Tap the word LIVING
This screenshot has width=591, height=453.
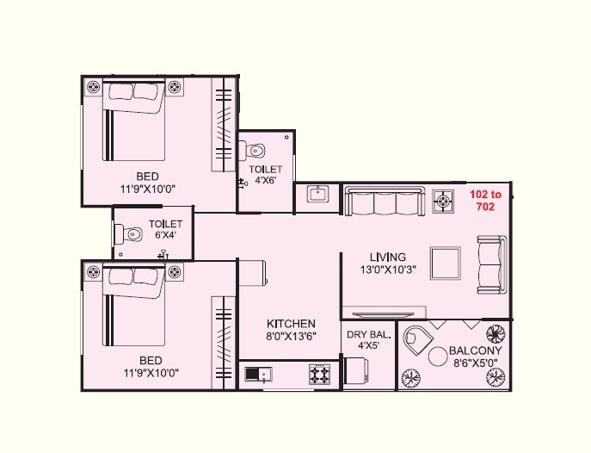[x=388, y=257]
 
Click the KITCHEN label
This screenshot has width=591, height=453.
[x=291, y=323]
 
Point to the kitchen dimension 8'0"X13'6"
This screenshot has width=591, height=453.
[x=291, y=337]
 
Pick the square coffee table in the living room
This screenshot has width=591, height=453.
[x=446, y=262]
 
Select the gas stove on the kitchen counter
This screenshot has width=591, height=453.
[x=320, y=374]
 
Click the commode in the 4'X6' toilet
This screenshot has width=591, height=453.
[x=254, y=152]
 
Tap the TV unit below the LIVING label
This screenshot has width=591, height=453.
[x=384, y=310]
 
